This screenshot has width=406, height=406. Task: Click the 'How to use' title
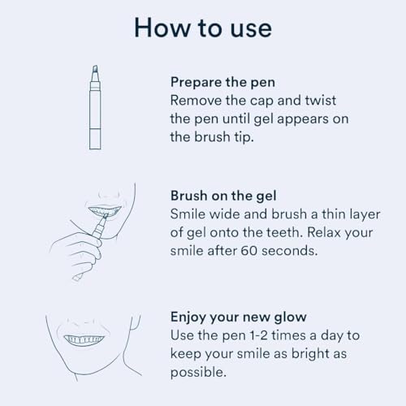coord(202,27)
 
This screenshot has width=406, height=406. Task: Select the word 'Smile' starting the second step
coord(188,214)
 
